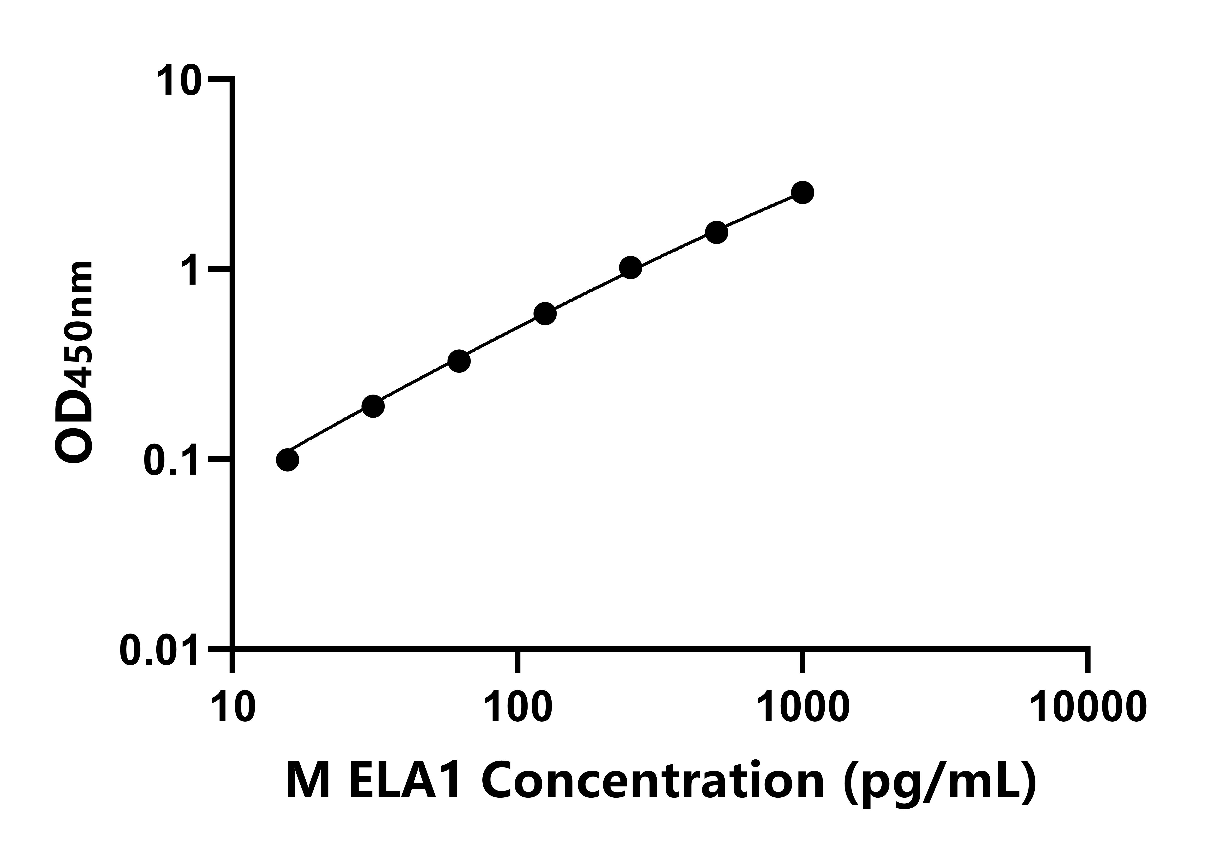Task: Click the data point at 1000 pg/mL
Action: tap(803, 192)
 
